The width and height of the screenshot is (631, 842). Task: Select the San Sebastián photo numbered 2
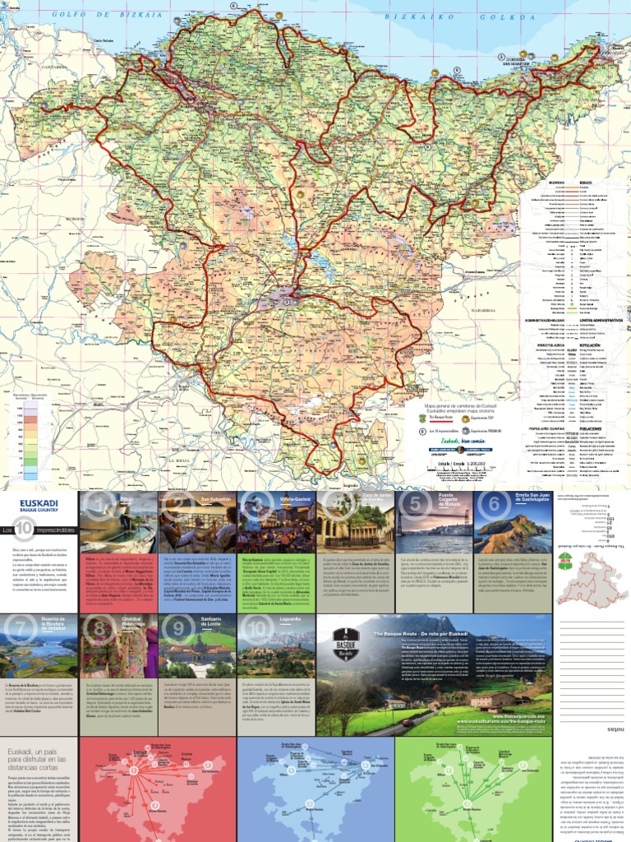coord(197,523)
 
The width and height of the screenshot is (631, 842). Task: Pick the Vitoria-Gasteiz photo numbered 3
coord(276,523)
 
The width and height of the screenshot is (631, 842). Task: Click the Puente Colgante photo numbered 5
coord(434,523)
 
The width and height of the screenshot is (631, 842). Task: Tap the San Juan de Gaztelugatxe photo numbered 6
coord(514,523)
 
